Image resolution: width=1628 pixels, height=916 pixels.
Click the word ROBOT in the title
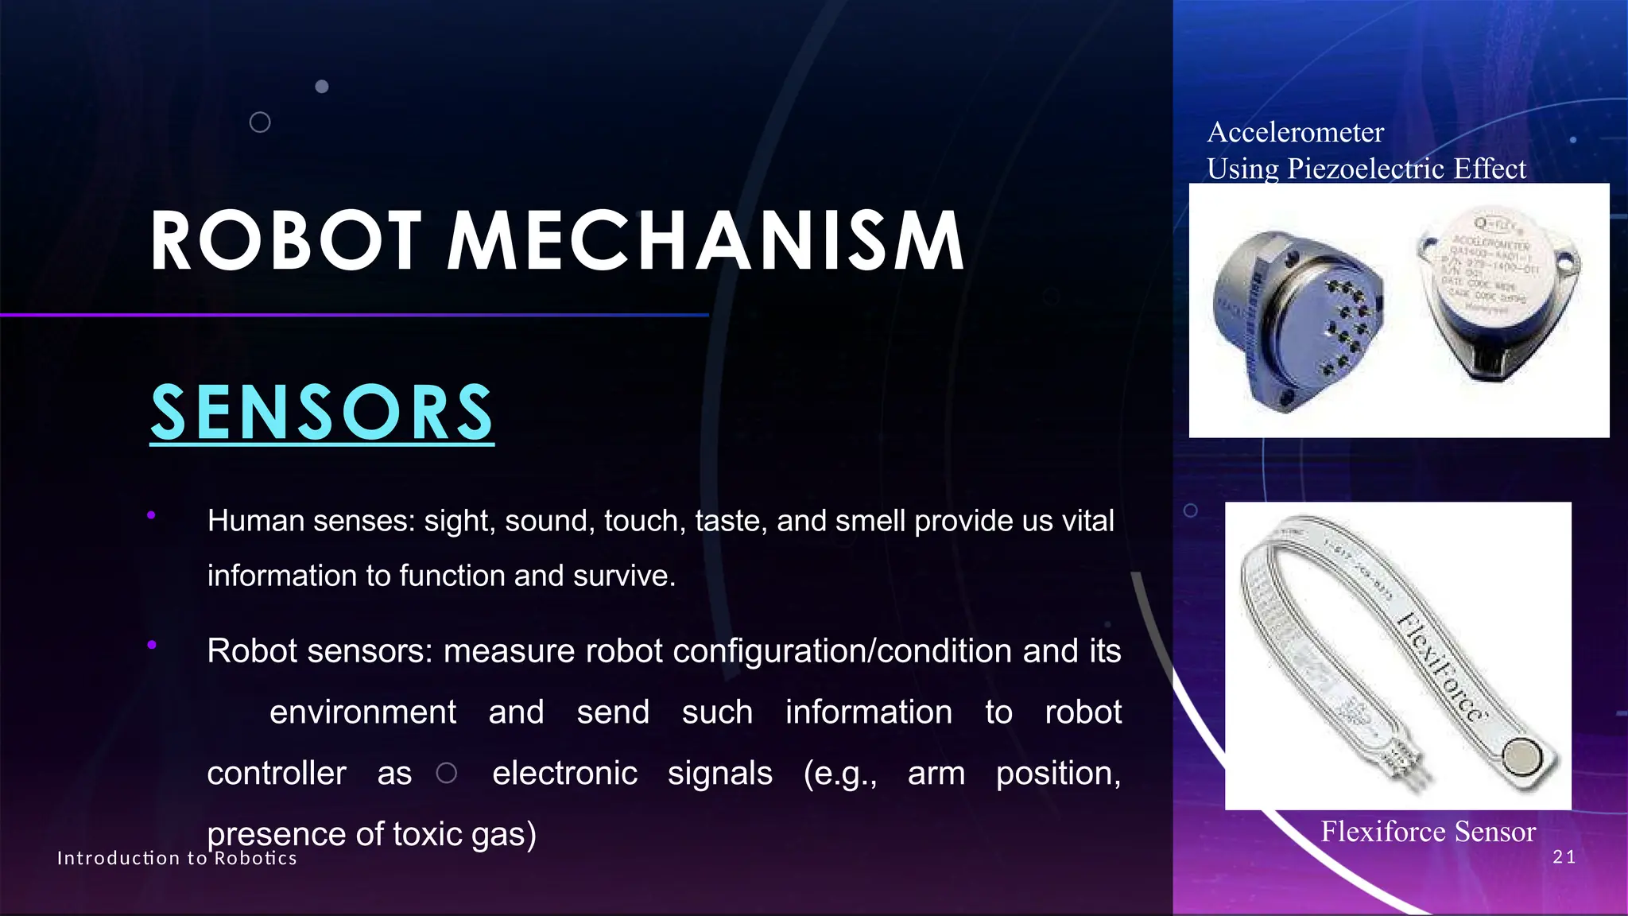(285, 241)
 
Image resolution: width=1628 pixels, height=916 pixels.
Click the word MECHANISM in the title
(706, 241)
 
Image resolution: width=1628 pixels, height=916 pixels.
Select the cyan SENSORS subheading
(322, 412)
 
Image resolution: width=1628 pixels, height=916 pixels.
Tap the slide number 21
(1564, 857)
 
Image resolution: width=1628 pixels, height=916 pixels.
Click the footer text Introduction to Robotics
(176, 858)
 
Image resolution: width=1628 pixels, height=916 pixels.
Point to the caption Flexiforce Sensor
(1428, 832)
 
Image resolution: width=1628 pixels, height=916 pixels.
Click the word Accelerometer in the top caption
(1295, 132)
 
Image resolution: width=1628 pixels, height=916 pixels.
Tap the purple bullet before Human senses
(151, 516)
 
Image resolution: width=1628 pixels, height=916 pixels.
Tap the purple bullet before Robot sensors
(151, 645)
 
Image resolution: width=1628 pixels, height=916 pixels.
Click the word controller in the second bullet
(277, 773)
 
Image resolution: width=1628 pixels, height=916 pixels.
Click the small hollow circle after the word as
(447, 773)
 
